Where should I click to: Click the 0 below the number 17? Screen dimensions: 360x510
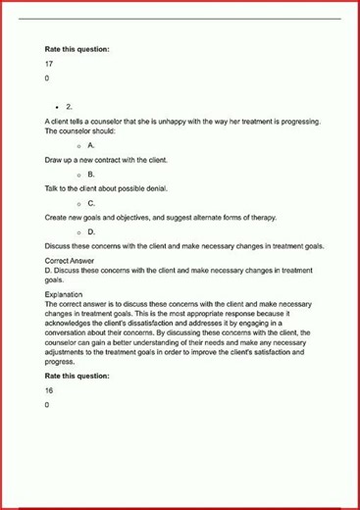47,77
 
